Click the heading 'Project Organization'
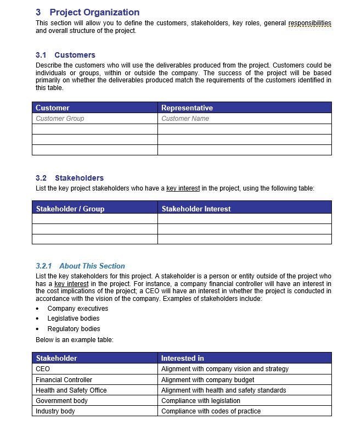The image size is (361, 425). [x=94, y=12]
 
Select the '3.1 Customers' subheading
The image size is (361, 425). [x=65, y=55]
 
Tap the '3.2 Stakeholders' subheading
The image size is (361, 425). [x=70, y=178]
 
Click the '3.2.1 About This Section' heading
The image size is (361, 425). [x=80, y=266]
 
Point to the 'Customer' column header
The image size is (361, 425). [x=53, y=108]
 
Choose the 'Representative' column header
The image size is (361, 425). [x=187, y=108]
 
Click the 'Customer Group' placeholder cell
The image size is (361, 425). [x=60, y=119]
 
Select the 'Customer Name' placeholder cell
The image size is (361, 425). [x=185, y=119]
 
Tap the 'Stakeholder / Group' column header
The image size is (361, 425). [x=70, y=209]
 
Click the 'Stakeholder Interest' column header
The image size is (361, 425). [x=196, y=209]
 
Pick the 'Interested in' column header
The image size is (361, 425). [x=182, y=358]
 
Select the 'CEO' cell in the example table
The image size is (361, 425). [x=43, y=369]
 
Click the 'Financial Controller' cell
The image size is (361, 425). [x=64, y=380]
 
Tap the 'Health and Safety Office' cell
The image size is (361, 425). [x=71, y=390]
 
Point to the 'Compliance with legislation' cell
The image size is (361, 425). [x=201, y=401]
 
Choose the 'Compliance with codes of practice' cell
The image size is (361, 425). [x=211, y=411]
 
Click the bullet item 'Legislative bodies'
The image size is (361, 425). [x=74, y=318]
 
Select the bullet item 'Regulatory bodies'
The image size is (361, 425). [x=74, y=329]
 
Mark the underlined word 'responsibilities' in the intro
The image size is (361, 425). [x=310, y=23]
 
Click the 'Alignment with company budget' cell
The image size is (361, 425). [x=207, y=380]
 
